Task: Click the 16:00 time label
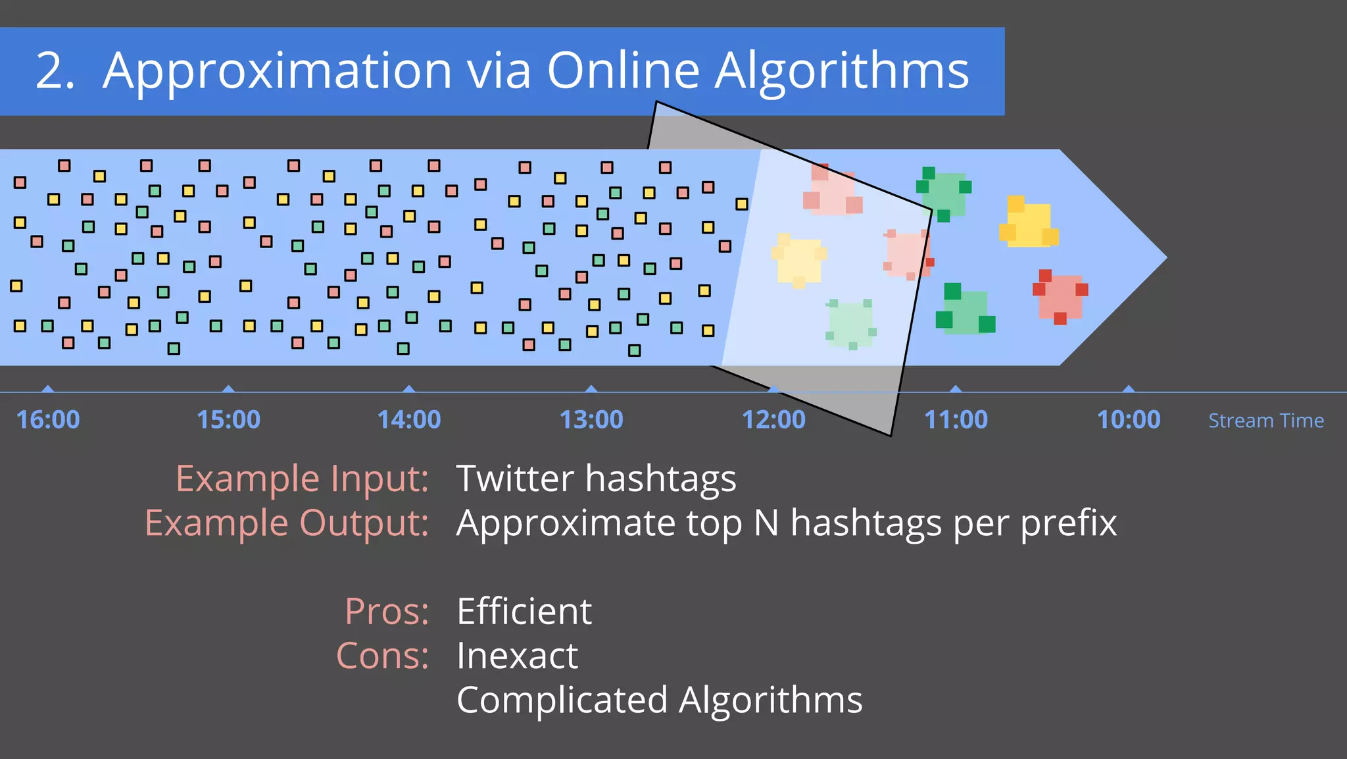pos(47,419)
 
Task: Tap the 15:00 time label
pos(228,419)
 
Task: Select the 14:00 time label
pos(408,419)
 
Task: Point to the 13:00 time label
pos(591,419)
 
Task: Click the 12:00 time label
pos(773,419)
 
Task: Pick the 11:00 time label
pos(956,419)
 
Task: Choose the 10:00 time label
pos(1129,419)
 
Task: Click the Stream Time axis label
pos(1266,421)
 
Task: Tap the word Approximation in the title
pos(277,71)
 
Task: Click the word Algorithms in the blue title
pos(842,71)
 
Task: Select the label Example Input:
pos(302,479)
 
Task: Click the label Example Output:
pos(287,523)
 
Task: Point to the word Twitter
pos(514,479)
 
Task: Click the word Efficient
pos(524,612)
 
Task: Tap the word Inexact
pos(517,656)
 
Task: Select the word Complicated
pos(562,700)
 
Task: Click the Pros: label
pos(387,612)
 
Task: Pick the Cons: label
pos(382,656)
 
